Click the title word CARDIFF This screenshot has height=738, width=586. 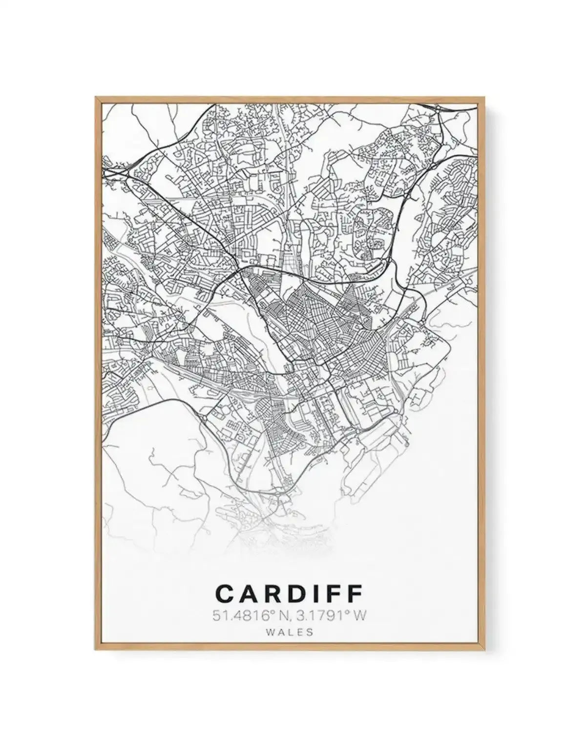coord(289,594)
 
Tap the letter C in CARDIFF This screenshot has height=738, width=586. coord(225,594)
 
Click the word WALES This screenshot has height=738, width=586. coord(290,632)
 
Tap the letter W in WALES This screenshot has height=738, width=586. coord(271,632)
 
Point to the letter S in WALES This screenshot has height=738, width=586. coord(309,632)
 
